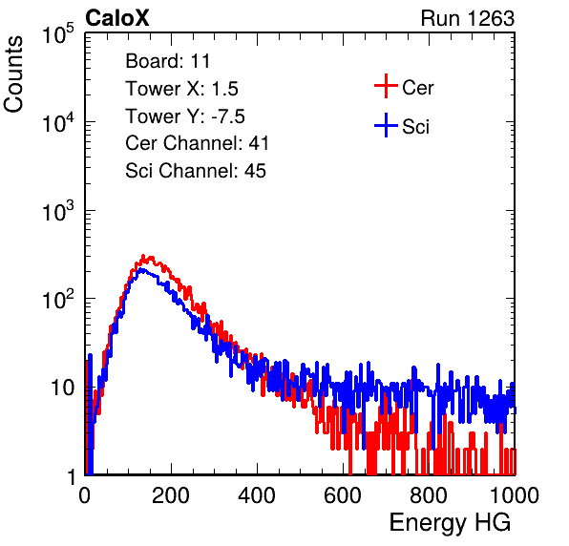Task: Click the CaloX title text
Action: click(116, 18)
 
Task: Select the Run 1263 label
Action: click(468, 18)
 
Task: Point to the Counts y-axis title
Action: click(13, 74)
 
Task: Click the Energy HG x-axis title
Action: click(450, 522)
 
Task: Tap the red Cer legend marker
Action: click(386, 86)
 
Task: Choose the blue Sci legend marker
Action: click(386, 125)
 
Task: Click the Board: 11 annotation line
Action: click(168, 61)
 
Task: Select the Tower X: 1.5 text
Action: click(181, 89)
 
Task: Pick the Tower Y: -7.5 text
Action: click(185, 116)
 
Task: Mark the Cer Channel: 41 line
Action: click(197, 143)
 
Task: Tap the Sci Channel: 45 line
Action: click(196, 171)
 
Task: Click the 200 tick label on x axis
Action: click(171, 495)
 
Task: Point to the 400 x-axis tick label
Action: click(257, 495)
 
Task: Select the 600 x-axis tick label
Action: click(343, 495)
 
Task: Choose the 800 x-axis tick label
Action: click(429, 495)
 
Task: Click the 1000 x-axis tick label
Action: click(515, 495)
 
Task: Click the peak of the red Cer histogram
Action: click(143, 256)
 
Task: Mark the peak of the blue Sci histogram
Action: click(142, 270)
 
